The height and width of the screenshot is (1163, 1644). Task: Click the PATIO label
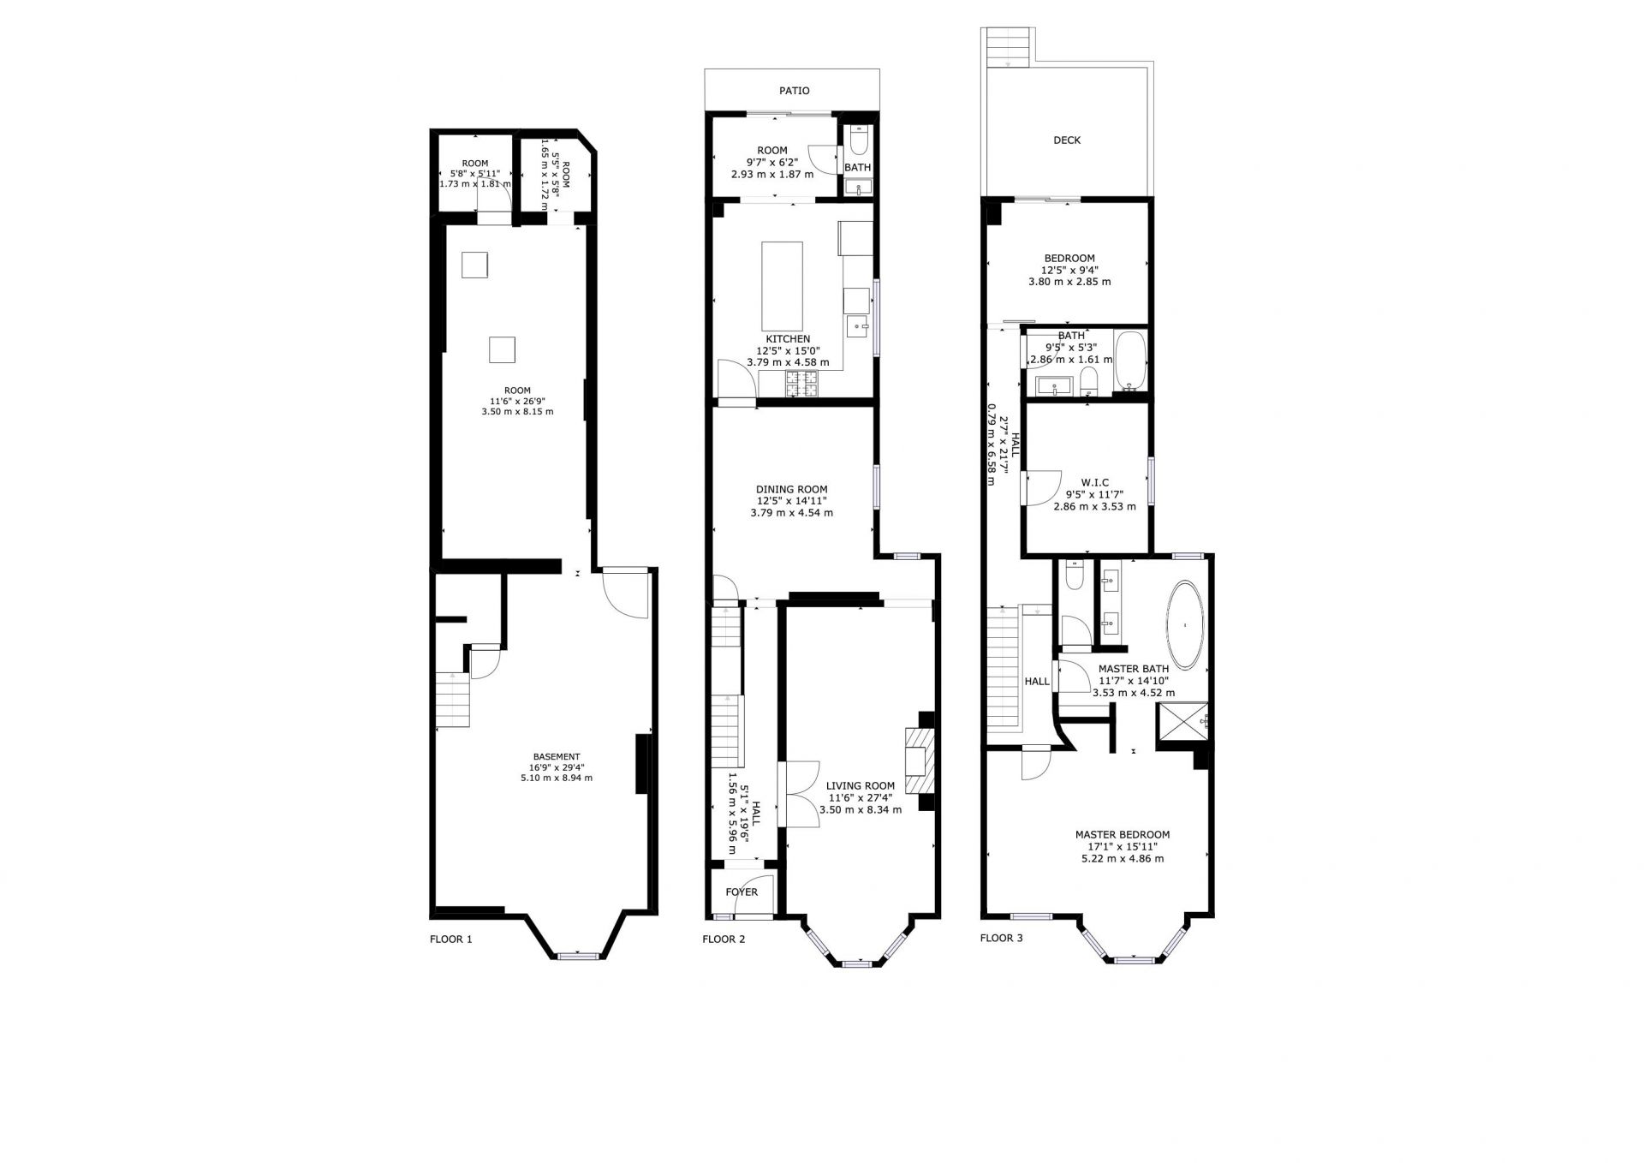794,91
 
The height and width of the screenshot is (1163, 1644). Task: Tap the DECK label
1067,140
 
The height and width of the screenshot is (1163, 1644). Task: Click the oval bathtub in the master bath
1184,625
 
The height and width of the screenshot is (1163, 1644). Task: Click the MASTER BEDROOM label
1123,834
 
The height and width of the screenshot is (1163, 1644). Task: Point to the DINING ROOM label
791,490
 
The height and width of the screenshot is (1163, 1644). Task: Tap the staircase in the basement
453,700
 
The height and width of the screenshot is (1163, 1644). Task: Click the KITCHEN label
788,339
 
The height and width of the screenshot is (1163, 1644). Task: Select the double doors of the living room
798,794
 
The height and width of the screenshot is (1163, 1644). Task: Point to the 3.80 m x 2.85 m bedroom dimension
1069,282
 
